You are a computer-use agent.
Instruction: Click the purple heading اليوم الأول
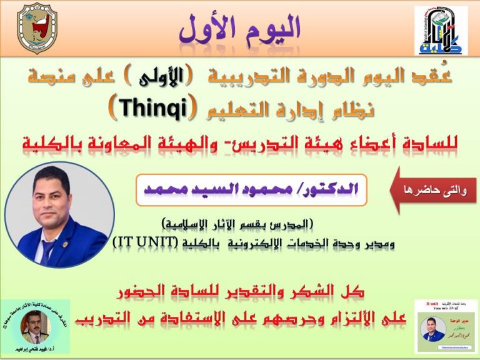(239, 28)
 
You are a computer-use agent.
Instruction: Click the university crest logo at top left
(38, 28)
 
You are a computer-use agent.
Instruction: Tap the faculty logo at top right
(441, 31)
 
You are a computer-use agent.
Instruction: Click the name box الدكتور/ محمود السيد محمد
(251, 190)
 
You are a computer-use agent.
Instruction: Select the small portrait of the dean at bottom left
(34, 325)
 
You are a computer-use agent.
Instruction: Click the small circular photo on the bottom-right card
(433, 327)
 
